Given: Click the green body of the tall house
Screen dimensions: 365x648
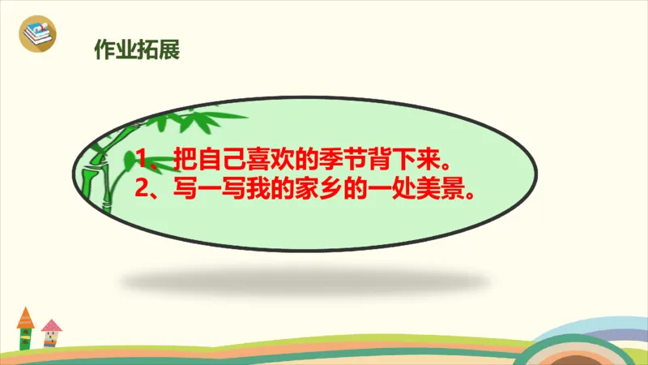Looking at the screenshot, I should click(x=25, y=336).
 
